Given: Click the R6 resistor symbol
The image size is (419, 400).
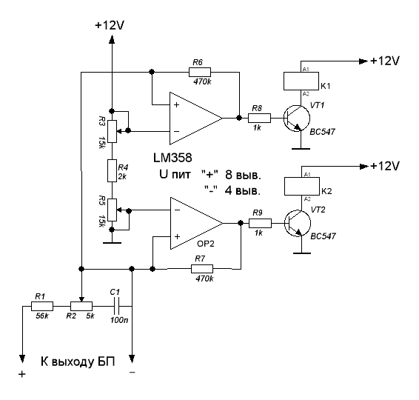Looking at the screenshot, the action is click(200, 72).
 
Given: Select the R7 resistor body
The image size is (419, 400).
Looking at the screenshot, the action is click(202, 269).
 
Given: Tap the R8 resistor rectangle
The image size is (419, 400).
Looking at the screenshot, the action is click(259, 118).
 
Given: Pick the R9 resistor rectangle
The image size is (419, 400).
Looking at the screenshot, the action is click(260, 223).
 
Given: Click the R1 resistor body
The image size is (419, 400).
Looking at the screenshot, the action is click(42, 306).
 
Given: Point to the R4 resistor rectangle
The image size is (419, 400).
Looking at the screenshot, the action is click(113, 170).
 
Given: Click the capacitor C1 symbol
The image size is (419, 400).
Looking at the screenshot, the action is click(116, 306).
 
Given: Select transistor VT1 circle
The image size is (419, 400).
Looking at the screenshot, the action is click(297, 119).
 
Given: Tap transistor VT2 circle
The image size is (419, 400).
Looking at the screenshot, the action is click(298, 223).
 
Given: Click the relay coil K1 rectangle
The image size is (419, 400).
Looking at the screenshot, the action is click(301, 81).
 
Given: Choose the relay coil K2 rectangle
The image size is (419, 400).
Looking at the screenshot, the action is click(302, 187).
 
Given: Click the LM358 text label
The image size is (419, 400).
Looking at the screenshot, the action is click(172, 158).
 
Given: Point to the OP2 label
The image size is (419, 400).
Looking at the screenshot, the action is click(206, 244).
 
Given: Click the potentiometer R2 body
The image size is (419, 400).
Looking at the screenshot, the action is click(81, 306).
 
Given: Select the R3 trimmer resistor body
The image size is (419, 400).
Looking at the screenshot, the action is click(113, 131).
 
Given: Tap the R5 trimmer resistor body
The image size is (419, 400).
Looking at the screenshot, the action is click(113, 210).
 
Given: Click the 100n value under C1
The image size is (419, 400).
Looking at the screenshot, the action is click(119, 320).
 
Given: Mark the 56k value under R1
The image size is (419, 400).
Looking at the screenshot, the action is click(42, 316).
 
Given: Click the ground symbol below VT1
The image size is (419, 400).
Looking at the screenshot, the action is click(301, 148).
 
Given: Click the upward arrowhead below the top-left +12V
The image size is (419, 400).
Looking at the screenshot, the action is click(112, 39).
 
